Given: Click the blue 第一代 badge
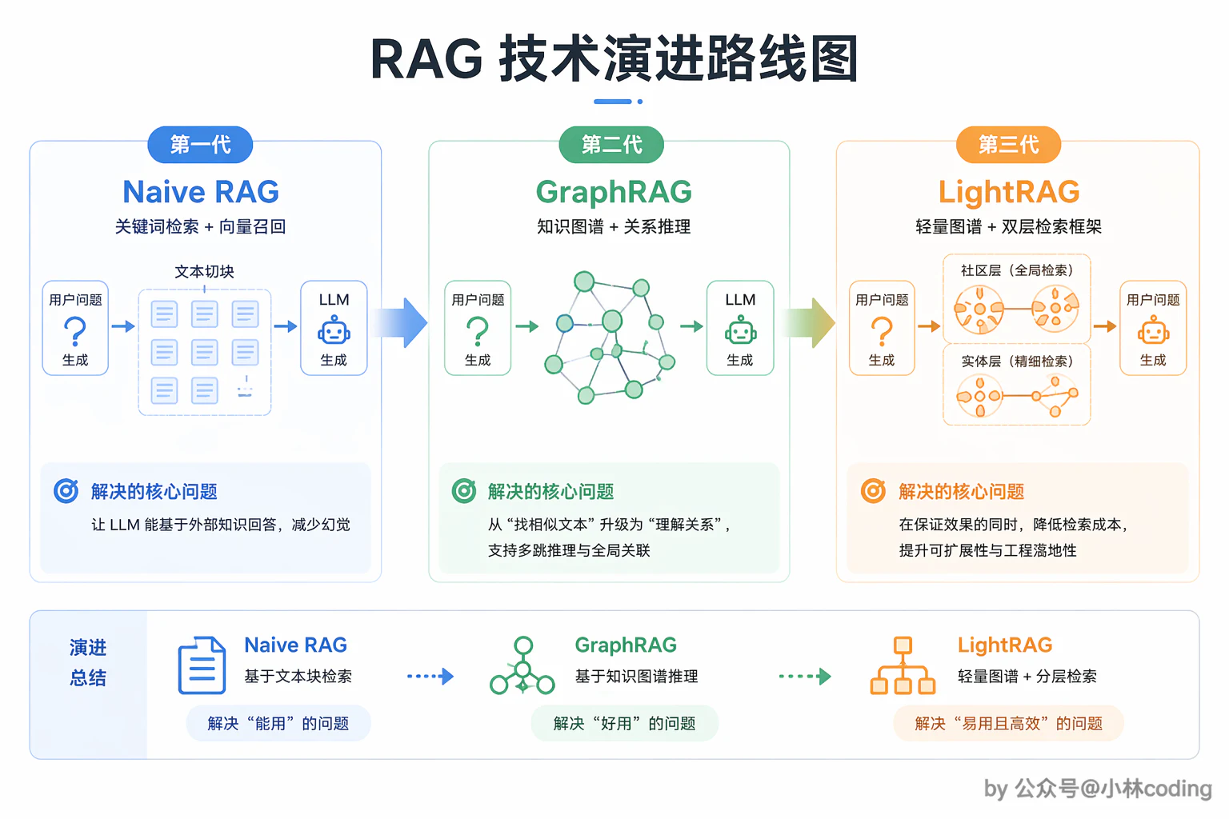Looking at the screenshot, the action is [x=200, y=145].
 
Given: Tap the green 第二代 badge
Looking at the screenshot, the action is [x=611, y=145].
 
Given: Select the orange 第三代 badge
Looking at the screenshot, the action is [x=1008, y=145].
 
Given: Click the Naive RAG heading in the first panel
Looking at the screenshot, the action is [x=201, y=191].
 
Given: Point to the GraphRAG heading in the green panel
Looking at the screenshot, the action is [x=614, y=192].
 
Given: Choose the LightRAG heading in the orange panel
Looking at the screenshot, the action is [x=1009, y=192].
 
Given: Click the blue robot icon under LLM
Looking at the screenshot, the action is [x=334, y=330].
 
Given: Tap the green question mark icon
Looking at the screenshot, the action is [x=478, y=331].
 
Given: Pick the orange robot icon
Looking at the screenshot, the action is [x=1153, y=330].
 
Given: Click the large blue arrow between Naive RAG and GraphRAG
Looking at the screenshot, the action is [x=399, y=322].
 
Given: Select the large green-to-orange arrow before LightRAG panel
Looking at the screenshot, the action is [x=808, y=322].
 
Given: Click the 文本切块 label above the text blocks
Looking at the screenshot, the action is [x=204, y=272].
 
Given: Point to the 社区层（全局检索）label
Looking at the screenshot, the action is [x=1017, y=270].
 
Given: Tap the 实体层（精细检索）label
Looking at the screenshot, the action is [x=1017, y=361].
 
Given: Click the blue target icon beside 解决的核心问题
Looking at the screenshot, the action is [x=66, y=491].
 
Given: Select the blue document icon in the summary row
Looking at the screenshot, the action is [x=202, y=665].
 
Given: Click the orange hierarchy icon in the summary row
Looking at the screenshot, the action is [x=903, y=665].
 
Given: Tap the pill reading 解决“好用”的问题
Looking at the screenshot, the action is [x=624, y=723].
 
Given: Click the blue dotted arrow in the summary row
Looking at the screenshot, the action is [x=430, y=677].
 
